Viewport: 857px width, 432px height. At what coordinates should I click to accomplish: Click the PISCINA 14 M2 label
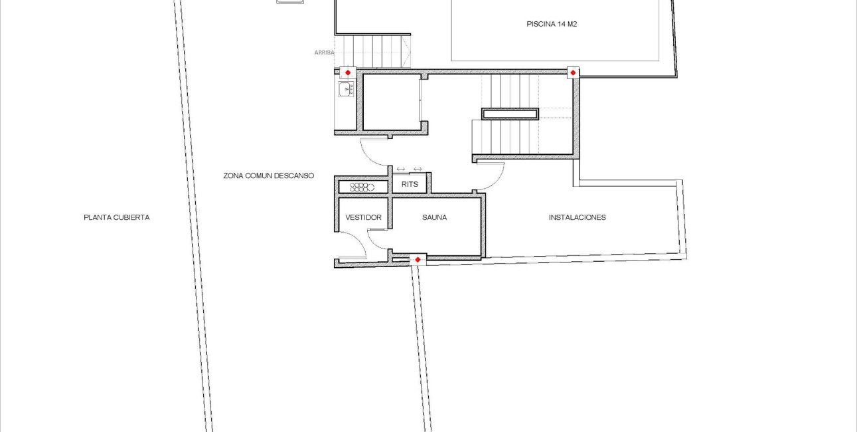556,24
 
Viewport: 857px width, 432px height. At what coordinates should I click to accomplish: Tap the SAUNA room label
434,217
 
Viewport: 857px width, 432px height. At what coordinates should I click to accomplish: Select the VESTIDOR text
363,217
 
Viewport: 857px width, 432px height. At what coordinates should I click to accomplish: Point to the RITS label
410,183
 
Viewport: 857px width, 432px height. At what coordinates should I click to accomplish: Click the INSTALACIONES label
577,217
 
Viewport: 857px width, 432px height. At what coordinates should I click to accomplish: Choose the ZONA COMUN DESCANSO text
268,176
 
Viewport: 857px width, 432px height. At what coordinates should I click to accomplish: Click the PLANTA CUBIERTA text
116,217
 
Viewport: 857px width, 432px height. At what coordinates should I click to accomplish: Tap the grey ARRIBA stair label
325,53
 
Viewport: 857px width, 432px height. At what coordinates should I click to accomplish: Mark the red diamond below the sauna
418,259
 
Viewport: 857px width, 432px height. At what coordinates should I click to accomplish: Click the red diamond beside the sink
348,72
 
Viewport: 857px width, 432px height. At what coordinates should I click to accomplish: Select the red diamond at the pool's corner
572,72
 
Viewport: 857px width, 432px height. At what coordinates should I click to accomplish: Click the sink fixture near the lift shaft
346,89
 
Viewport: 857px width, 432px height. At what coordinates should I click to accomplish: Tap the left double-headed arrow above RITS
400,169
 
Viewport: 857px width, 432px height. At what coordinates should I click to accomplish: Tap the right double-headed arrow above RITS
418,169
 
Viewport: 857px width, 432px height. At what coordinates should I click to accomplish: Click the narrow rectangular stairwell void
510,114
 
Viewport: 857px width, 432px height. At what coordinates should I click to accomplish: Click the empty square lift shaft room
391,102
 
